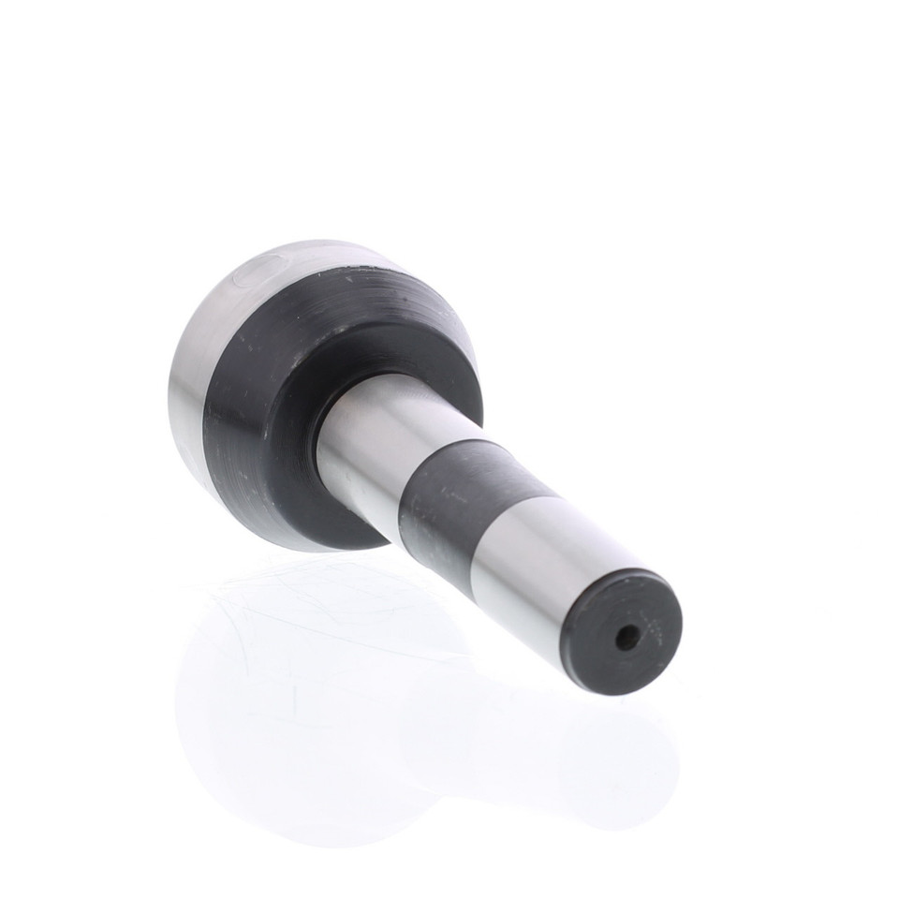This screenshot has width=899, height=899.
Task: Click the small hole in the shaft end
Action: [x=626, y=640]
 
